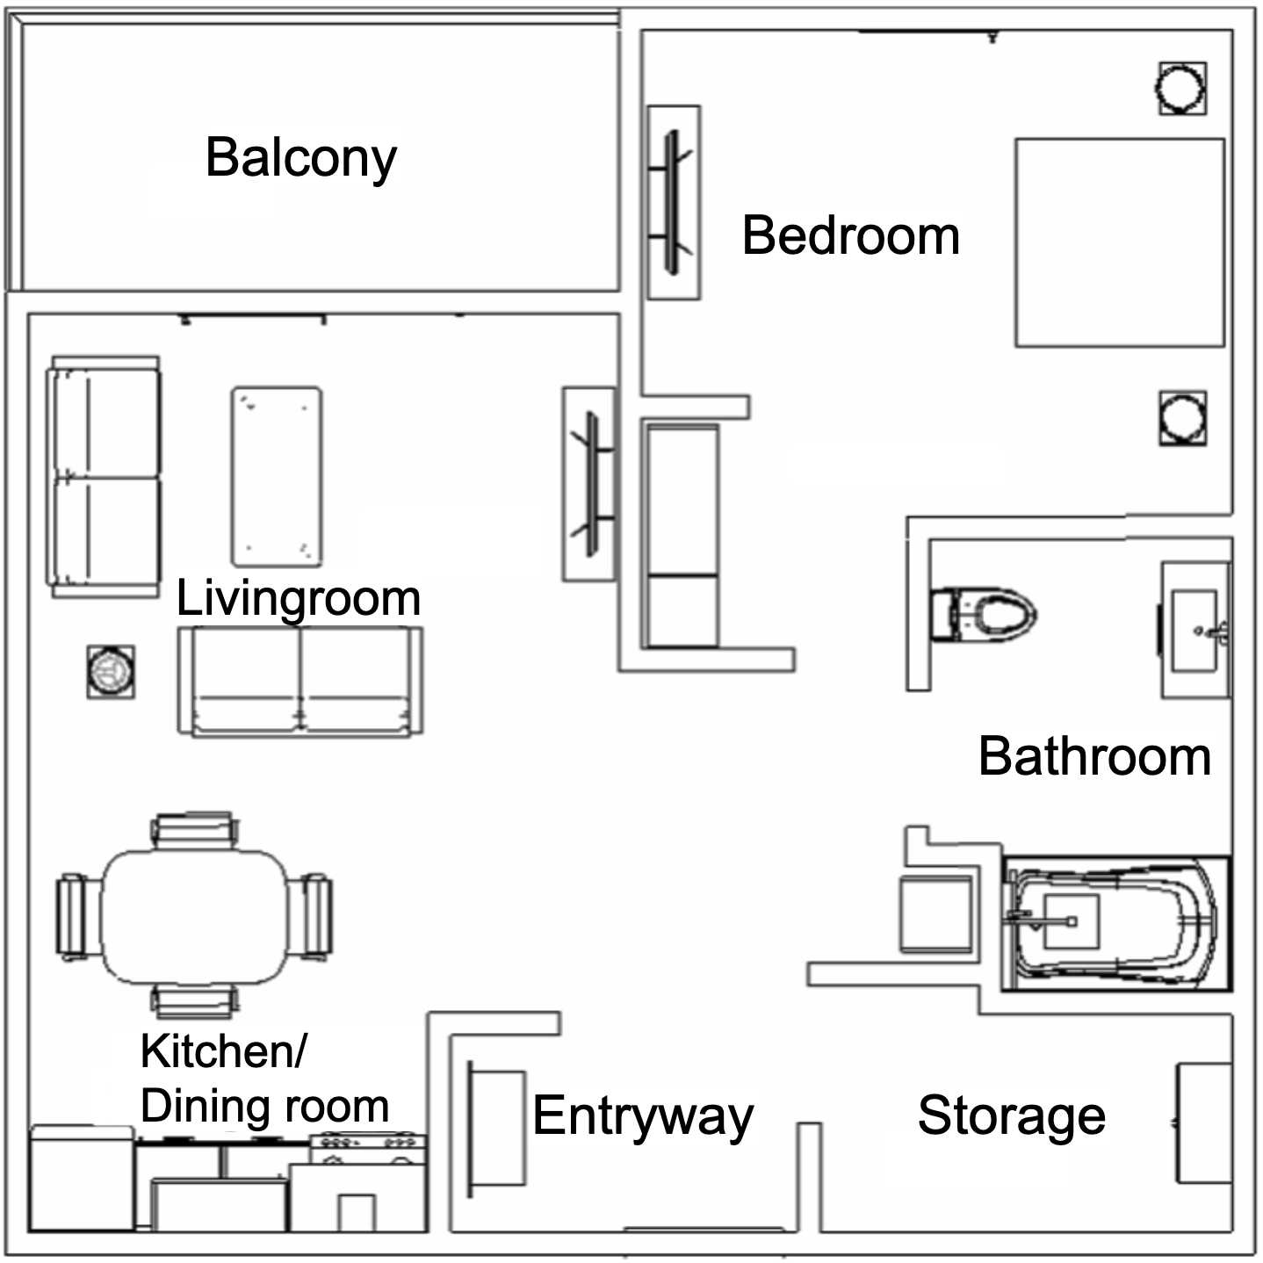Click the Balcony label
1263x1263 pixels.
301,158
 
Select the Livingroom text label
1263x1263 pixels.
299,598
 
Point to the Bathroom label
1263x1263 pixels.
1094,756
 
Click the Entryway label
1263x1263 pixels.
643,1116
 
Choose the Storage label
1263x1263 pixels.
1011,1115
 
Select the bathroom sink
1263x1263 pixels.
1195,631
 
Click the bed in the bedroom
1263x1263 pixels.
1120,242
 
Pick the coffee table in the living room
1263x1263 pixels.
277,476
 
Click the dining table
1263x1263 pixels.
194,915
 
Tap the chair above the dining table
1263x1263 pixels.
195,830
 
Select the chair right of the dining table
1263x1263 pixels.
314,916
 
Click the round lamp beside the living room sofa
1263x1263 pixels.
111,672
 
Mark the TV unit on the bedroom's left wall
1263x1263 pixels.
674,203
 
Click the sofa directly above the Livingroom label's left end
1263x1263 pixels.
105,477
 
